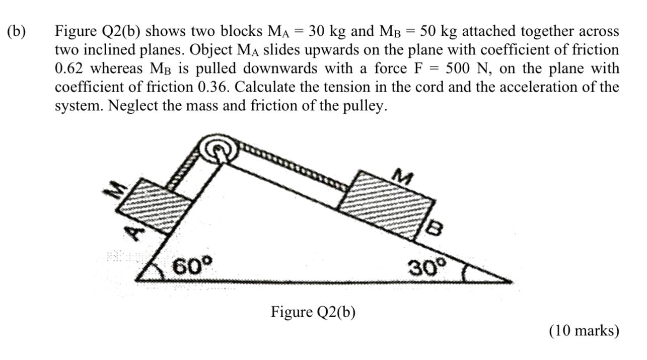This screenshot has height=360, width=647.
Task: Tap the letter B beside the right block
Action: [x=434, y=229]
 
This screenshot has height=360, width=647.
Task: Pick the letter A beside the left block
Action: [x=134, y=232]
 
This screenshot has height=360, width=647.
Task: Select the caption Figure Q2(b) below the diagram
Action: [x=313, y=312]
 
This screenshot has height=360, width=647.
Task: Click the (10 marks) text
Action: [x=584, y=331]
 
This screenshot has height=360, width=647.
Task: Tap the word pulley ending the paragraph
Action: [x=367, y=106]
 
